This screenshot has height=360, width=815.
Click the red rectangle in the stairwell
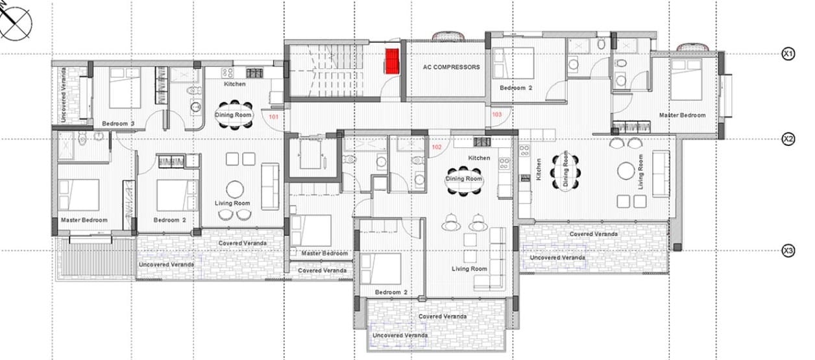[x=392, y=62]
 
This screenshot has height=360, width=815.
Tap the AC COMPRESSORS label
[x=451, y=67]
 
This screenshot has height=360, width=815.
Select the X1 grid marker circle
[x=788, y=54]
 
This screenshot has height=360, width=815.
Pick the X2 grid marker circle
[x=788, y=139]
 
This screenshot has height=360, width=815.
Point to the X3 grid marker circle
[x=788, y=250]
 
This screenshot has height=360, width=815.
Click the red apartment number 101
[x=274, y=117]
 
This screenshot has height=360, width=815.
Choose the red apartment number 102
[x=437, y=147]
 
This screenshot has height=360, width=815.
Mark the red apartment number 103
[x=496, y=115]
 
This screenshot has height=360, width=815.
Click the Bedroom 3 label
[x=118, y=124]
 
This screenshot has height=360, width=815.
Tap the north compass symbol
[x=16, y=23]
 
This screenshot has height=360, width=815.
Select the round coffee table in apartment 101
[x=235, y=189]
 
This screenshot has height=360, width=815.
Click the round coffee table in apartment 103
[x=626, y=171]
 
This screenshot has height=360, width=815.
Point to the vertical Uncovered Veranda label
[x=64, y=95]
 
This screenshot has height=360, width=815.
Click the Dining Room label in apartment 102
[x=464, y=178]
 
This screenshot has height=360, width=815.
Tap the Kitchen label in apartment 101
[x=235, y=84]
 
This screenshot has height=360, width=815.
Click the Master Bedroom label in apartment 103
[x=682, y=115]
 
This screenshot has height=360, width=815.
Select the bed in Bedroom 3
[x=125, y=88]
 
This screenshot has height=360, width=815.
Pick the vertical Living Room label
[x=640, y=172]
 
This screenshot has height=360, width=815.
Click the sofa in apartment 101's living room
[x=270, y=187]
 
